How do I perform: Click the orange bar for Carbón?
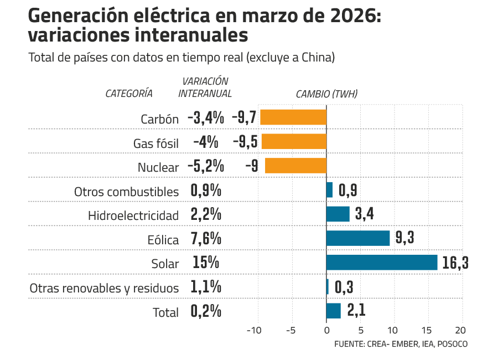point(293,117)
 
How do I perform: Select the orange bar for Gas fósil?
point(293,142)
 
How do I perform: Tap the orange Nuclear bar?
point(295,166)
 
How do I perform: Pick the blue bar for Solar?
point(382,263)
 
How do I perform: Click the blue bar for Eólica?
point(358,238)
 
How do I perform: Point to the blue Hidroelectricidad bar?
point(338,214)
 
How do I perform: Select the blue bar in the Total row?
point(334,311)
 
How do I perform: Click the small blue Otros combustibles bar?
point(329,190)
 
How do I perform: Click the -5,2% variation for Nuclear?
point(205,166)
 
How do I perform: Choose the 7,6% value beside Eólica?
point(206,238)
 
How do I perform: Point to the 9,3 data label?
point(404,238)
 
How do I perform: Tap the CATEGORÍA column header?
point(129,94)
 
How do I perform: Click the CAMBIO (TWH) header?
point(326,94)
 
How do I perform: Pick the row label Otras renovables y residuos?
point(104,288)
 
